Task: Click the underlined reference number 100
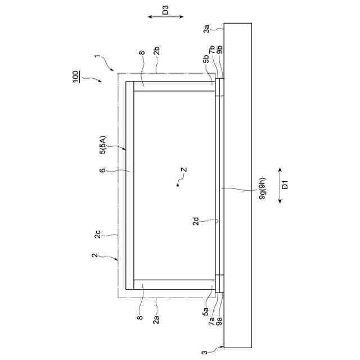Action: [x=75, y=76]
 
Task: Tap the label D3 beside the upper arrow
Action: [x=165, y=10]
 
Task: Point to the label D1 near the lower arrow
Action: [x=285, y=185]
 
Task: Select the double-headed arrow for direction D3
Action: [x=165, y=17]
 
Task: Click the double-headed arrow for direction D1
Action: [x=280, y=186]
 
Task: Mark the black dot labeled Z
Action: [x=178, y=185]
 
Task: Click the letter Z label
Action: [x=184, y=170]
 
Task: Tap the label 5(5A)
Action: [x=103, y=145]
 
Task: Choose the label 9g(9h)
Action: [x=262, y=188]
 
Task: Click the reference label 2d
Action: [x=196, y=221]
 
